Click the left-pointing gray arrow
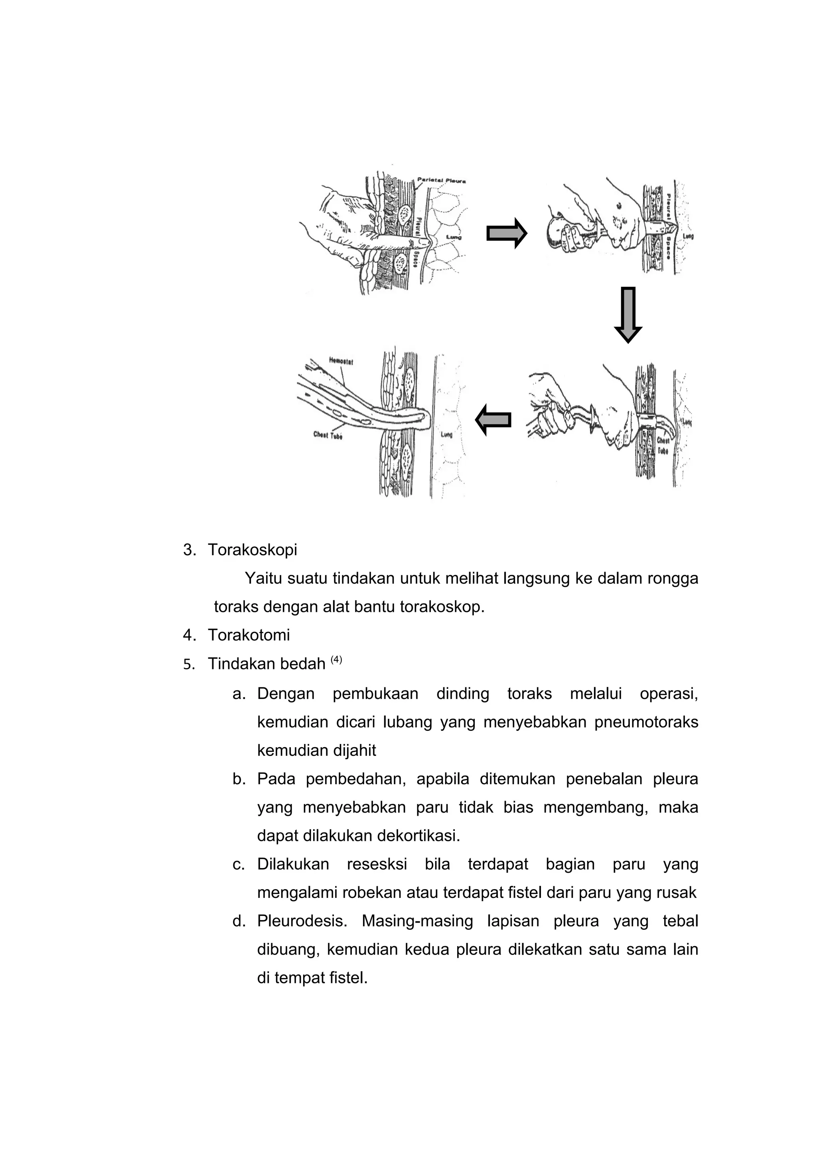494,419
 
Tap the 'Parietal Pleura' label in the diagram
442,181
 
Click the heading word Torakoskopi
252,550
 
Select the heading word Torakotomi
249,635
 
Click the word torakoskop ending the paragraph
442,607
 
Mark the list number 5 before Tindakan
188,665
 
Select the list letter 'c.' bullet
239,864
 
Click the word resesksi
377,864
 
